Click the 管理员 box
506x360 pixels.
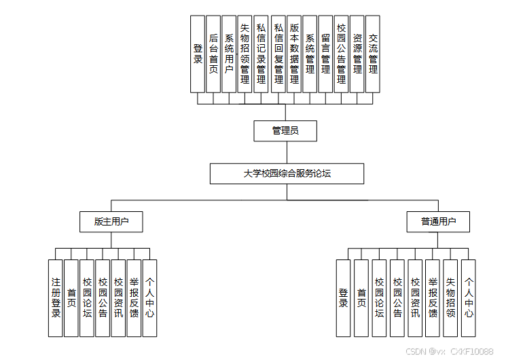285,130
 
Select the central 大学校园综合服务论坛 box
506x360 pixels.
287,174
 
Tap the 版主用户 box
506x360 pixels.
111,221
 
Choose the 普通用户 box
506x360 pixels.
438,221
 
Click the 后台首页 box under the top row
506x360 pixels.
213,54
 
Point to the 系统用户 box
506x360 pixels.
229,54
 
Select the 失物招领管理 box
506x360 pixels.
245,54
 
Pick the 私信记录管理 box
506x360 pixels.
261,54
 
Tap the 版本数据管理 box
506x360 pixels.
294,54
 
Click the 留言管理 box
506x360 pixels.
325,54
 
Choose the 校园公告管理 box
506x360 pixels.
341,54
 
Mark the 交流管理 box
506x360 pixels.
373,54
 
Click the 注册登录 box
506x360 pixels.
56,298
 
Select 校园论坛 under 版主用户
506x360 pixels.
87,298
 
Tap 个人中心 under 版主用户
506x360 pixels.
149,298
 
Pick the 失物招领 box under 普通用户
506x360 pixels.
450,298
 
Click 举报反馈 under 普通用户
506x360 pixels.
433,298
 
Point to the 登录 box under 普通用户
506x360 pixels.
344,298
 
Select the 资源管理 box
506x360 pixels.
357,54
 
